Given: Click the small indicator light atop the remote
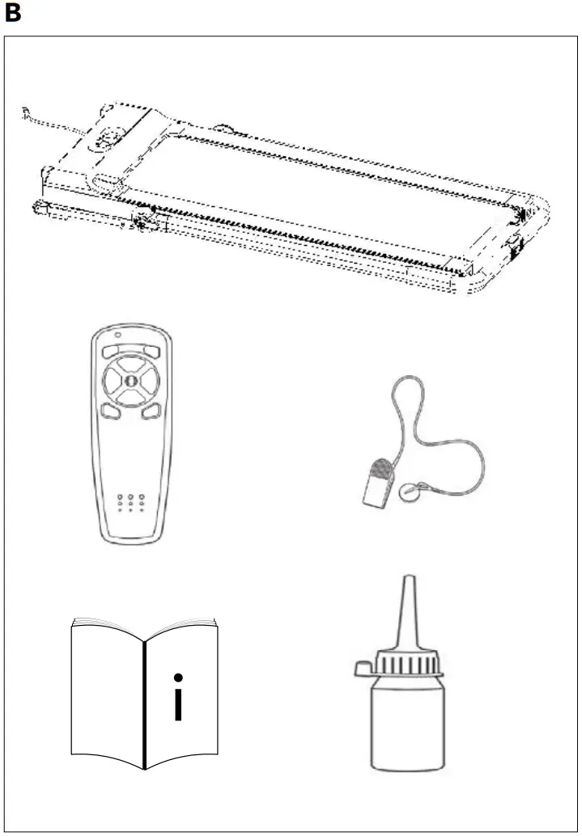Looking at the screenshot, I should [118, 336].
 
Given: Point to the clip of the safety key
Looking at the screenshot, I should [376, 483].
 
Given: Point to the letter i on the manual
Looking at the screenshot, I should [178, 697].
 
